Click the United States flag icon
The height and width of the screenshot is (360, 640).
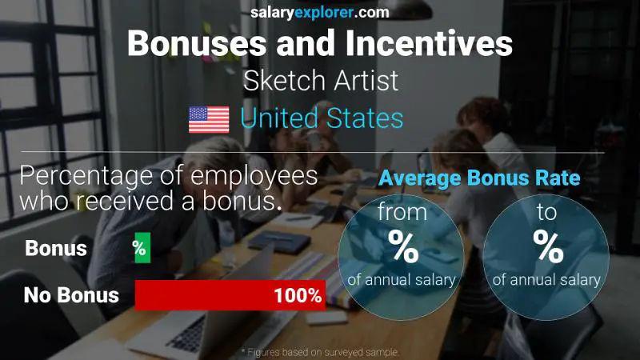tap(209, 119)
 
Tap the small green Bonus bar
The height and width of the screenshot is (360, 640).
tap(141, 249)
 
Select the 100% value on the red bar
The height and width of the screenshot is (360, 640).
tap(297, 295)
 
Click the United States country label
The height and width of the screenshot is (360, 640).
tap(322, 119)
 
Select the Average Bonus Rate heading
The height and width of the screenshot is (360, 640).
tap(479, 178)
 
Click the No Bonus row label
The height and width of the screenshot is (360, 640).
tap(71, 295)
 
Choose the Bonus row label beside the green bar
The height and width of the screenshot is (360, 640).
tap(56, 249)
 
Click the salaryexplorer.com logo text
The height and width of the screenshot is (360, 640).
tap(319, 12)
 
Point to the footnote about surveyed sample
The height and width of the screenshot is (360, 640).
tap(319, 352)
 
